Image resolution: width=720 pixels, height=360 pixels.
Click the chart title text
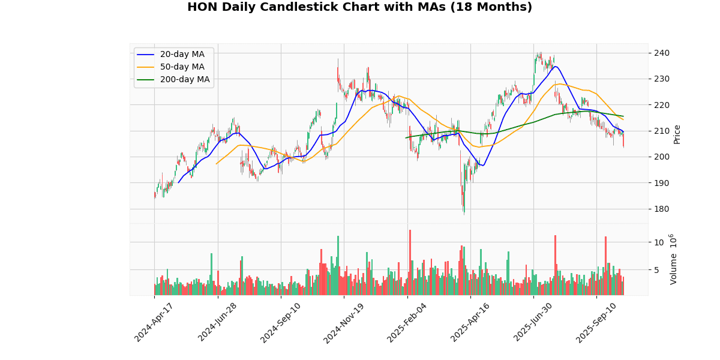[x=359, y=7]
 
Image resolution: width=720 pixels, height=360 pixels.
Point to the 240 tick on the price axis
[x=662, y=53]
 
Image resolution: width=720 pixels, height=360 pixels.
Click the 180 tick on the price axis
[x=662, y=209]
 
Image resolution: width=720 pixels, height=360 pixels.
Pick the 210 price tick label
[x=662, y=131]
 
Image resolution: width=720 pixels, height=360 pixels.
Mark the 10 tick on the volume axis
[x=660, y=242]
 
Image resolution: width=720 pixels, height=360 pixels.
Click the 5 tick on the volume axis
[x=658, y=270]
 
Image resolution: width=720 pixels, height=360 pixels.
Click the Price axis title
[x=677, y=134]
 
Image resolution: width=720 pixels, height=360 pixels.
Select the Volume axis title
[x=673, y=259]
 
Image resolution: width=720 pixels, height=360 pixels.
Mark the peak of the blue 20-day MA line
[x=555, y=66]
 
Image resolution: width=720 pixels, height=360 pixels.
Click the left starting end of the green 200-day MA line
[x=406, y=138]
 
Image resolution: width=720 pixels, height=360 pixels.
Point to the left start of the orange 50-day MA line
[x=216, y=164]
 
